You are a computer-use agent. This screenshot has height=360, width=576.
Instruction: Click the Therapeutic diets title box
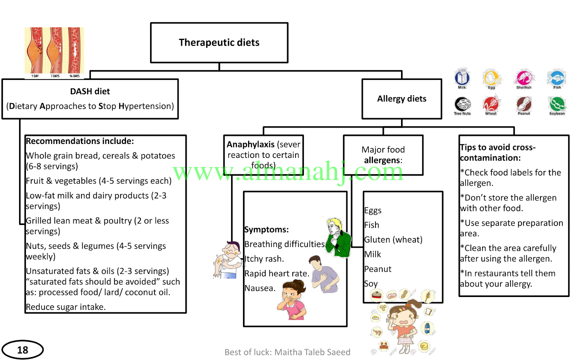pos(219,43)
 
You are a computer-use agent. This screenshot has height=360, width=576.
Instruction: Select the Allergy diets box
pos(402,99)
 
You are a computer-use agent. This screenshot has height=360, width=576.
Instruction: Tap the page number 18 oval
pos(23,350)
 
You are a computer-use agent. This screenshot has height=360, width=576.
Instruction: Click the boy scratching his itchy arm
pos(228,260)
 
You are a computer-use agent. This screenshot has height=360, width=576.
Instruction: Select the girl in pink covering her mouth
pos(292,300)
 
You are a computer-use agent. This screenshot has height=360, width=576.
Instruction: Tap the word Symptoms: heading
pos(266,229)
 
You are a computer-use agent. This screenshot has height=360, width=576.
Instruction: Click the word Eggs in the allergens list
pos(373,211)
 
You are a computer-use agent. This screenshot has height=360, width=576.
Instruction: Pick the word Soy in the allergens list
pos(371,284)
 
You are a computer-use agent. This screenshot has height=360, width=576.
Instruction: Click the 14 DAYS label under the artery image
pos(75,76)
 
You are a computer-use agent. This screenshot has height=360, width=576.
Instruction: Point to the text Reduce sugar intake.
pos(66,307)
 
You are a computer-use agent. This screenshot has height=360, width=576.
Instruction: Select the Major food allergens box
pos(383,155)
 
